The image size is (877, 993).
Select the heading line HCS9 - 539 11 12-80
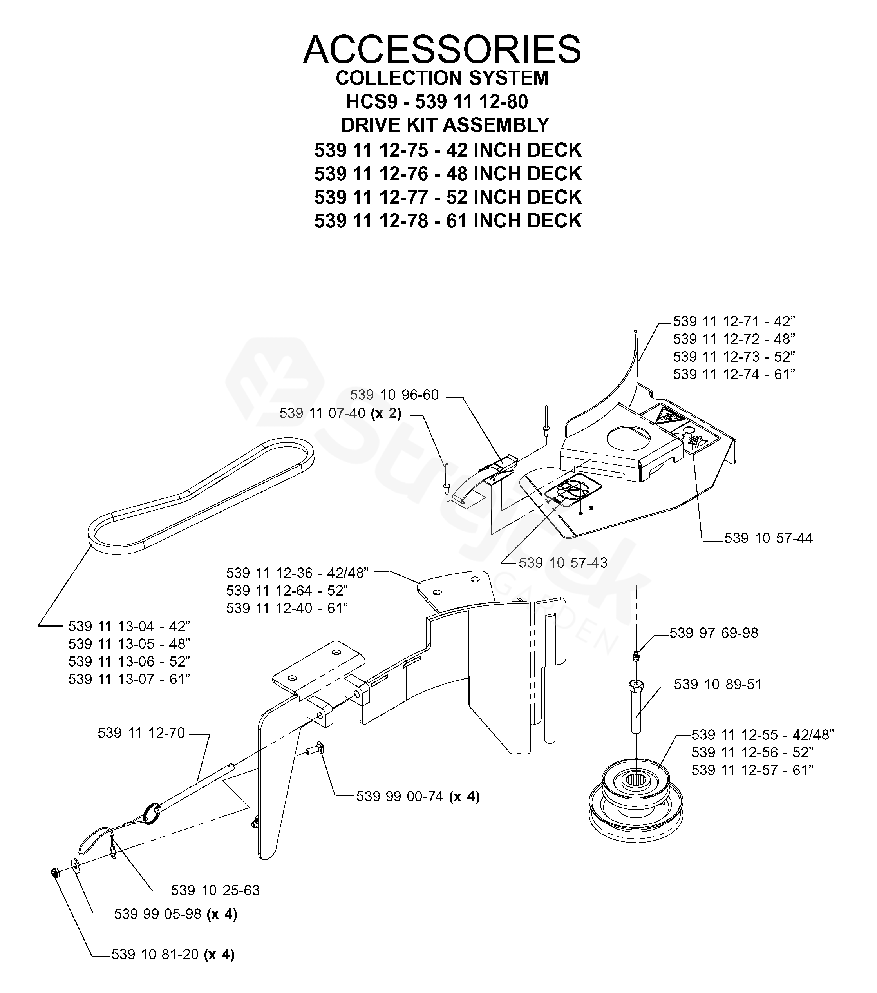[x=437, y=101]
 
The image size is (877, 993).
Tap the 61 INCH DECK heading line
[x=448, y=221]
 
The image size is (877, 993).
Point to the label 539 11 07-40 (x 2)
[x=340, y=413]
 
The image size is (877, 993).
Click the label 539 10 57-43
[x=563, y=563]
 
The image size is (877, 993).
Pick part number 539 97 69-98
[x=713, y=632]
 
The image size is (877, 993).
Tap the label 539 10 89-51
[x=718, y=684]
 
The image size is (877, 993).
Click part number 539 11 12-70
[x=141, y=733]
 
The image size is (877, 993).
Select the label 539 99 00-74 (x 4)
[x=418, y=796]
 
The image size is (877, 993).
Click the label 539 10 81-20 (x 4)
[x=173, y=954]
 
